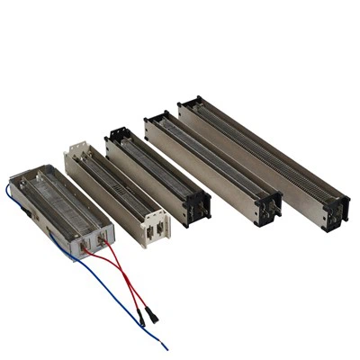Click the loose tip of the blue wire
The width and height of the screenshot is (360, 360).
tap(166, 347)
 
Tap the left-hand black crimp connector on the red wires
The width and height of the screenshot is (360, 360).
tap(141, 318)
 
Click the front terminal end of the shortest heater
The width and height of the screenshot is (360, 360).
tap(94, 240)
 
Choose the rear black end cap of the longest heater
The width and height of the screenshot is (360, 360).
tap(190, 104)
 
